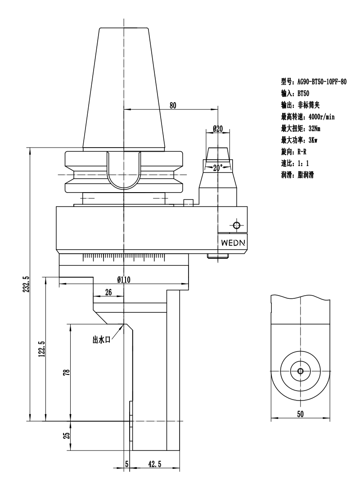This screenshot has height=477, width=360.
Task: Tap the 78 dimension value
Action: point(66,372)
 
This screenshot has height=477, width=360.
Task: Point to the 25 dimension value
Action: point(66,436)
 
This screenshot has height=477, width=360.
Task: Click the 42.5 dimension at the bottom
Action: point(155,464)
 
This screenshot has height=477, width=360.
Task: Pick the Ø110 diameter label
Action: point(124,279)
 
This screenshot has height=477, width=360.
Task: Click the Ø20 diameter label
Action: point(218,129)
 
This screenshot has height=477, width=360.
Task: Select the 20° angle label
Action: point(218,167)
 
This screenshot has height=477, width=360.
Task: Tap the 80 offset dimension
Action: point(173,106)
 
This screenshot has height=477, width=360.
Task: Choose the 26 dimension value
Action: point(108,292)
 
